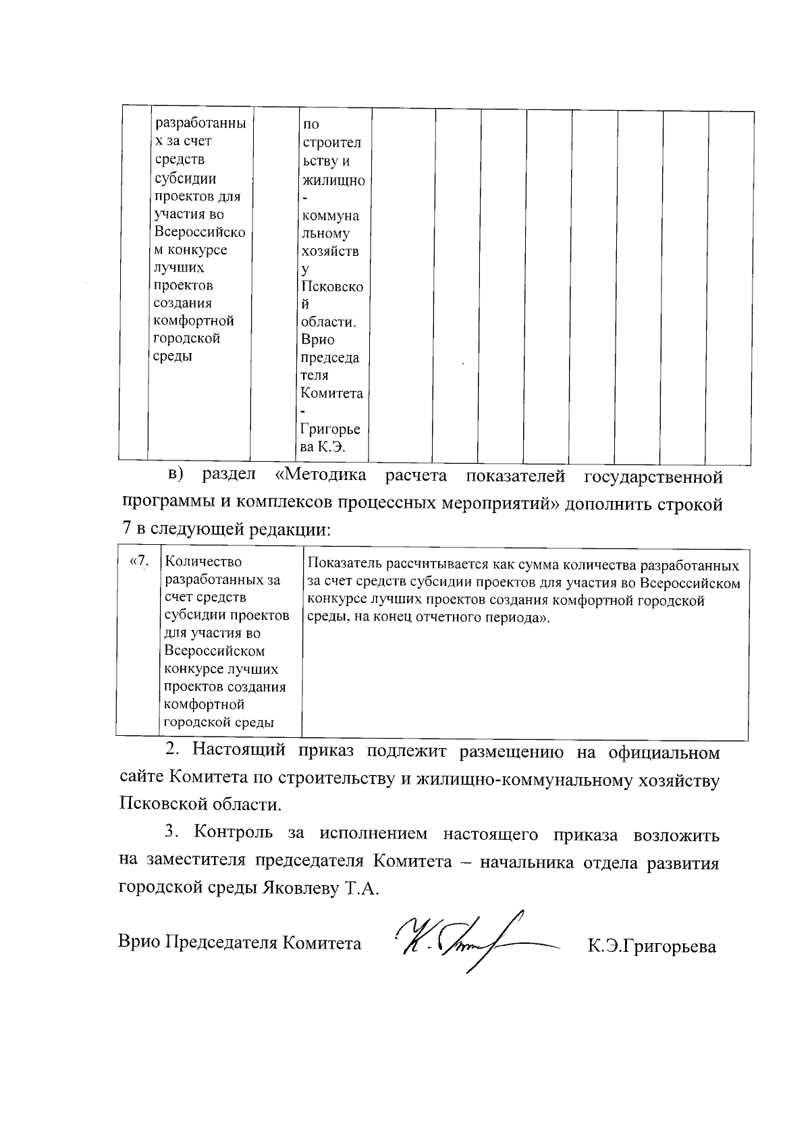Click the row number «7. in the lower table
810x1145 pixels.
tap(137, 561)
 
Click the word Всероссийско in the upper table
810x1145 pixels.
tap(200, 232)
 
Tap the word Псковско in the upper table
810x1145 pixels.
tap(332, 287)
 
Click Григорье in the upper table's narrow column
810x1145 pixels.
tap(331, 429)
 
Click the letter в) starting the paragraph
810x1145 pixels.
tap(175, 475)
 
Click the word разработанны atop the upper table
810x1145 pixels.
tap(200, 124)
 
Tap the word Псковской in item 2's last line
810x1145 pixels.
tap(159, 805)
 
